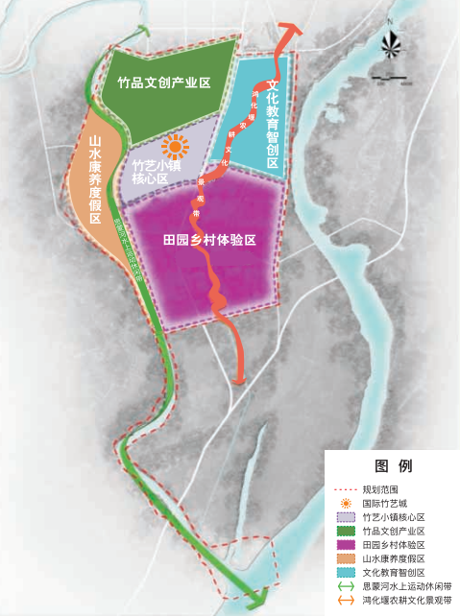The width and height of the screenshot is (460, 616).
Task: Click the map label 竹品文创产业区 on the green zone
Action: (x=164, y=83)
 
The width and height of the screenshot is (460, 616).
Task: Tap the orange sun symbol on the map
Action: (x=175, y=147)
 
